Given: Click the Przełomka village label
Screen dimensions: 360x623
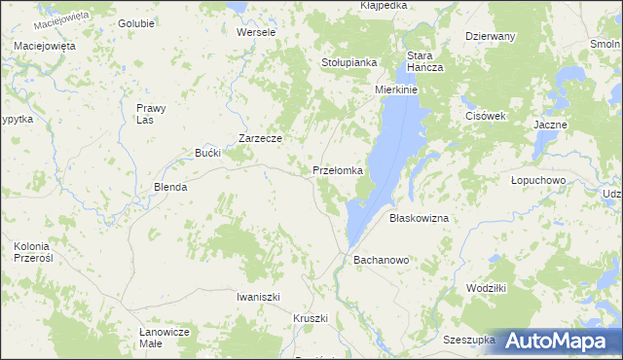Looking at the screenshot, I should pos(338,170).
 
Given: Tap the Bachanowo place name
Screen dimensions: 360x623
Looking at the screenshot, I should pos(381,261).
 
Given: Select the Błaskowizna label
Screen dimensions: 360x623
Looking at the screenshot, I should pos(419,219).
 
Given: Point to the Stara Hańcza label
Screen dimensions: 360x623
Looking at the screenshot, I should pos(425,61).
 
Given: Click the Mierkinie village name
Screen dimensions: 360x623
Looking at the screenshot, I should pos(396,90).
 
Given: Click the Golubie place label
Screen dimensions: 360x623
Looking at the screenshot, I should pos(135,22).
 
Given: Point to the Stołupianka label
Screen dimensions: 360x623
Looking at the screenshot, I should pos(348,62).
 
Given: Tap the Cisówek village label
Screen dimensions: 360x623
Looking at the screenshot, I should pos(484,116).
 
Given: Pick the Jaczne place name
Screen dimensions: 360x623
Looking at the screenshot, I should pos(550,126).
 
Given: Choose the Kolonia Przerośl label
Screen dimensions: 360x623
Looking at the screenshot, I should pos(38,253).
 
